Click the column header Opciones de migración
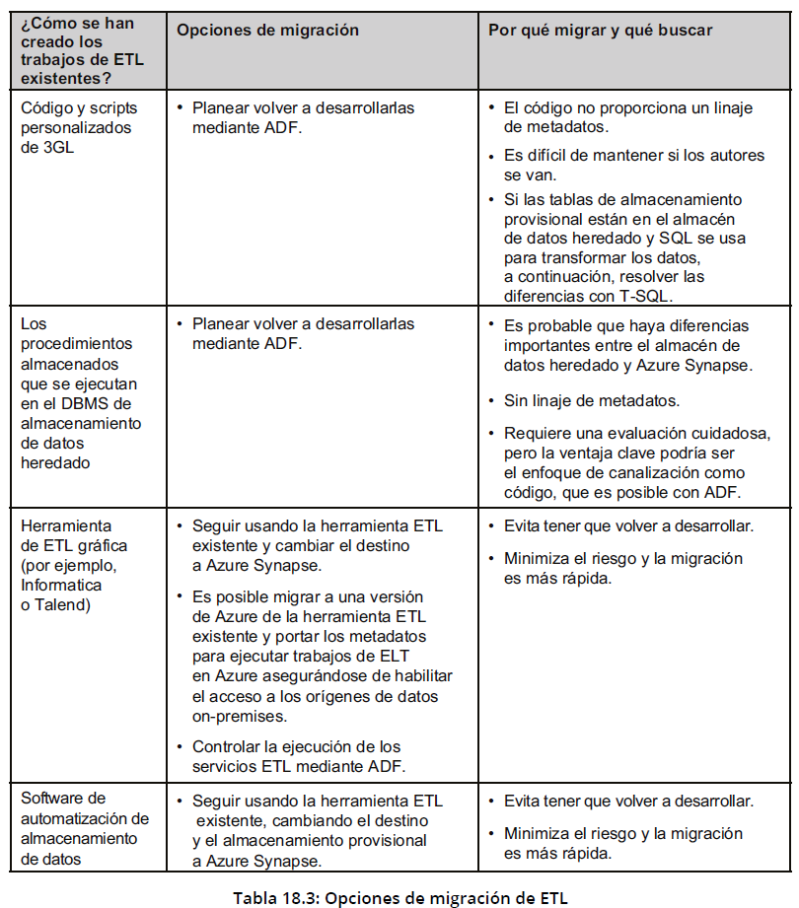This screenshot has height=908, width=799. coord(267,31)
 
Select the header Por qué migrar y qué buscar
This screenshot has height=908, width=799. coord(600,31)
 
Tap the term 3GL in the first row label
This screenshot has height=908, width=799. coord(57,148)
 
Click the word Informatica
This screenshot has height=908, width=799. coord(61,585)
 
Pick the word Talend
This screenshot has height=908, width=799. coord(63,604)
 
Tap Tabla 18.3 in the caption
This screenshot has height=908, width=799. coord(273,897)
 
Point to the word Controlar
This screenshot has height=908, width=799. coord(227,746)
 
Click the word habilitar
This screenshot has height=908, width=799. coord(422,675)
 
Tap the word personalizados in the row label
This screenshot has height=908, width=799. coord(76,127)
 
